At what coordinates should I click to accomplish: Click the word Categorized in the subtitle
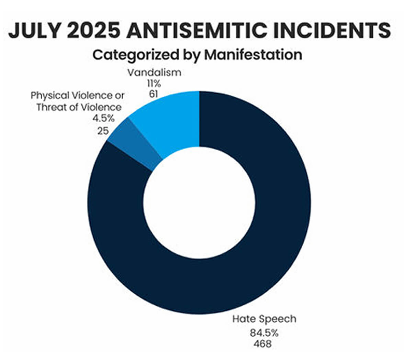click(x=136, y=55)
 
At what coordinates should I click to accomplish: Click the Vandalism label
click(x=154, y=73)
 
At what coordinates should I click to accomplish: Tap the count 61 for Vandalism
click(x=154, y=94)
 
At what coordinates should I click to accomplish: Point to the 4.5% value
click(x=104, y=119)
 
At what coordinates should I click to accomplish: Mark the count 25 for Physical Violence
click(x=103, y=131)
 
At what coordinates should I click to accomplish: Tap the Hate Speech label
click(x=264, y=319)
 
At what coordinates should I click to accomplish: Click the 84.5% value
click(x=264, y=333)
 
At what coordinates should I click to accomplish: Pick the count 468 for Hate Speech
click(x=262, y=344)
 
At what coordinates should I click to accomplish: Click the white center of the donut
click(x=199, y=203)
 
